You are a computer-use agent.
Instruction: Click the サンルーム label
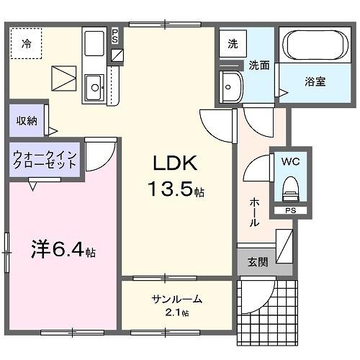pyautogui.click(x=176, y=300)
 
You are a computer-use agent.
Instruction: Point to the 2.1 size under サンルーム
pyautogui.click(x=174, y=313)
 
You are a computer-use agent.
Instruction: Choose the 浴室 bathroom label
pyautogui.click(x=313, y=81)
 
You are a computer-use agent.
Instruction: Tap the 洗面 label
pyautogui.click(x=259, y=65)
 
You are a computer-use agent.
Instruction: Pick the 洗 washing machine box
pyautogui.click(x=233, y=43)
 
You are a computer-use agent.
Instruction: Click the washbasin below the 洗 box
pyautogui.click(x=232, y=86)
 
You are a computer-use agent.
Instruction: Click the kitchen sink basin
pyautogui.click(x=94, y=89)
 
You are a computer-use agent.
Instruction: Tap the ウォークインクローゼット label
pyautogui.click(x=45, y=159)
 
